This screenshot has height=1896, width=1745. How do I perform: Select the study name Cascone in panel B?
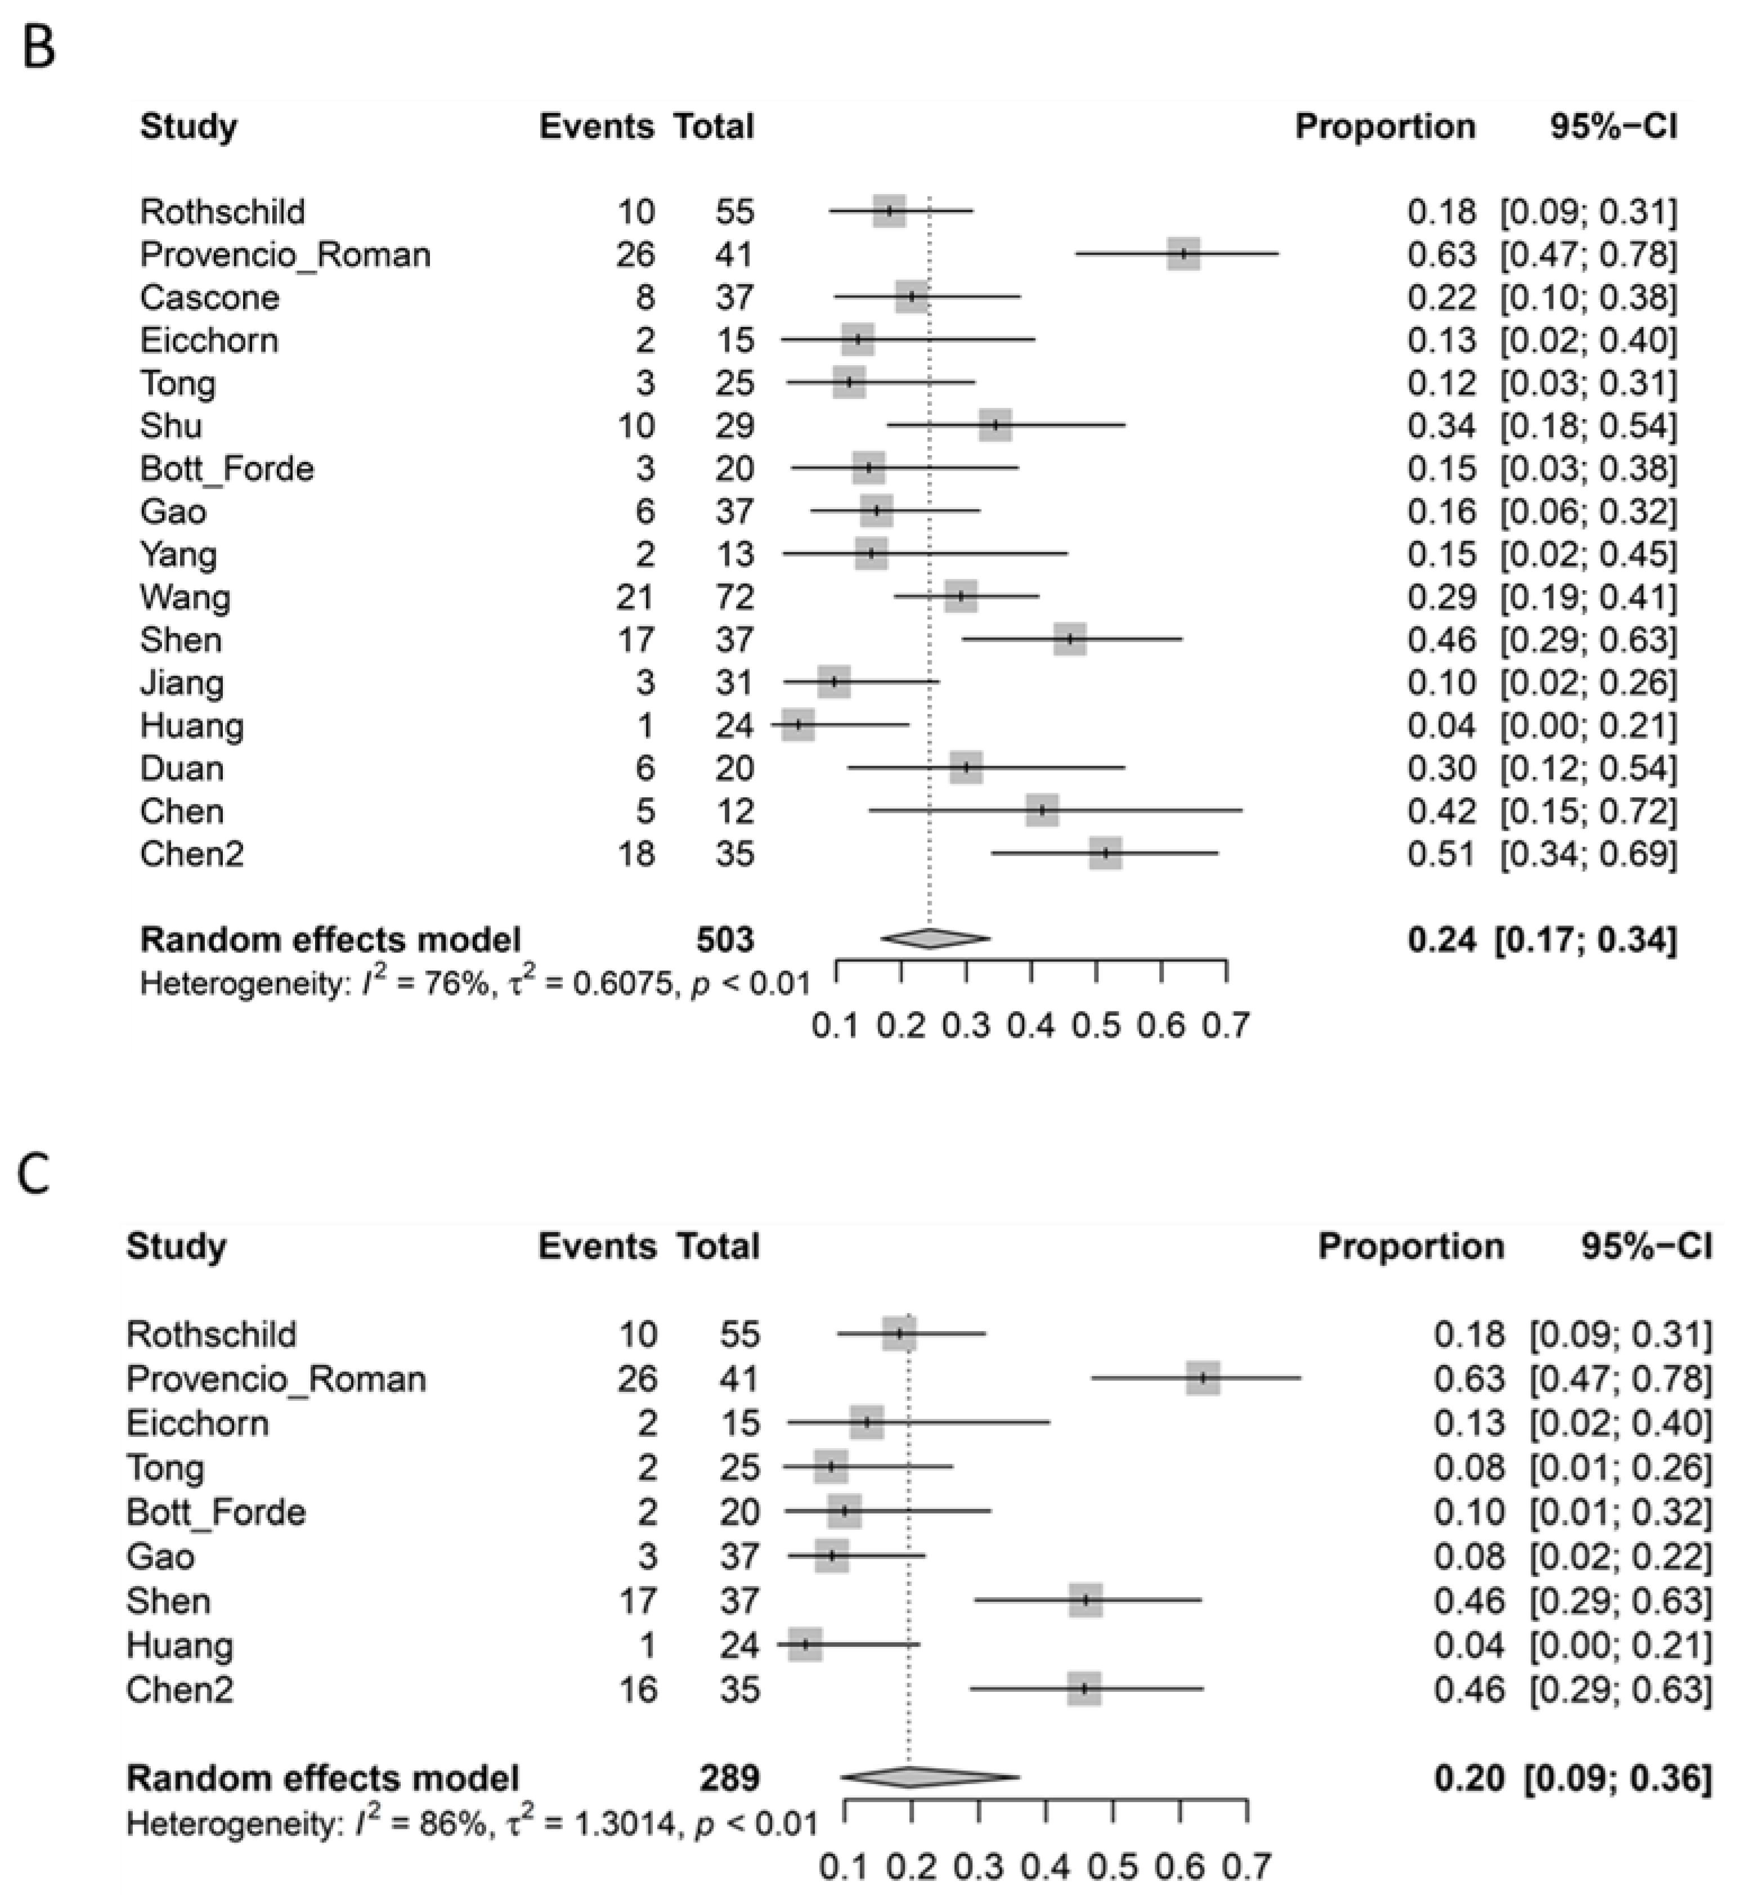coord(210,298)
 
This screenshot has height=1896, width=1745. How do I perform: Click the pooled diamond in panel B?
coord(935,938)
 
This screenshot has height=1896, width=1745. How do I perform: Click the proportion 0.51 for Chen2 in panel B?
coord(1441,853)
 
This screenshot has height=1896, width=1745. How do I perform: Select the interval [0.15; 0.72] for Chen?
coord(1588,811)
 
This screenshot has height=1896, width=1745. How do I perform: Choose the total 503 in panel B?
coord(725,940)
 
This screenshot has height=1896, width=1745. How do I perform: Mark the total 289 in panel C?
coord(729,1778)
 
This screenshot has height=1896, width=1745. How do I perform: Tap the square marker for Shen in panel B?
coord(1070,639)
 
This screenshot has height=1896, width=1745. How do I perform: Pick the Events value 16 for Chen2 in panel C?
coord(638,1688)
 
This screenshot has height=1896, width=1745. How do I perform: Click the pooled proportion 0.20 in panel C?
coord(1468,1778)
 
